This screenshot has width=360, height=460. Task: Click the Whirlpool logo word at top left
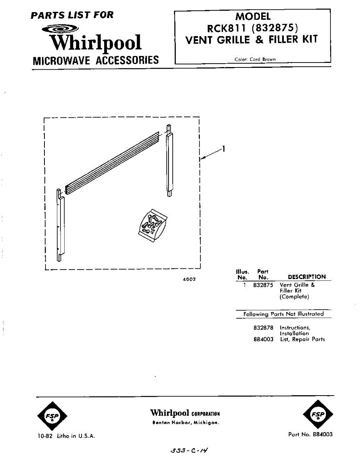tap(97, 43)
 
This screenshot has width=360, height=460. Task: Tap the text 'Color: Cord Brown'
tap(255, 59)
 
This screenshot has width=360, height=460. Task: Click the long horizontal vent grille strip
tap(112, 162)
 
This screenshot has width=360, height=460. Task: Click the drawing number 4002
tap(189, 279)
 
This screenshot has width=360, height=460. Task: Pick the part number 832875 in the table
tap(263, 285)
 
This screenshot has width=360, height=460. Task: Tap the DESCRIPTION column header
tap(306, 277)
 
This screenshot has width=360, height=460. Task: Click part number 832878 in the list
tap(263, 328)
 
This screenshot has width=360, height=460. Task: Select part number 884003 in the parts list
tap(263, 339)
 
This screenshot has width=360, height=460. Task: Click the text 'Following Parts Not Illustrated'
tap(283, 314)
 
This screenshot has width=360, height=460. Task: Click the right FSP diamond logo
tap(317, 415)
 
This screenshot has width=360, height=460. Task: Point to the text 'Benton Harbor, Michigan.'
tap(185, 423)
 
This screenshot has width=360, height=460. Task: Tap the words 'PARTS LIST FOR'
tap(72, 15)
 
